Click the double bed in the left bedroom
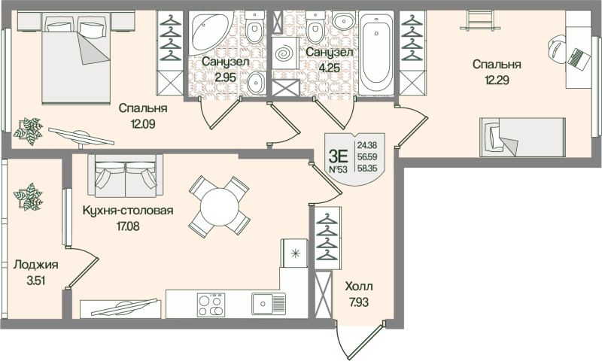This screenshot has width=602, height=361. tap(75, 64)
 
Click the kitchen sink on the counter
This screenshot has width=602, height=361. tap(267, 305)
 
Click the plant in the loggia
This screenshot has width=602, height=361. tap(29, 196)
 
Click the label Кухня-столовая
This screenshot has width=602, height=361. tap(128, 211)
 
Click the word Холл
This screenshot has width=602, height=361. tap(358, 287)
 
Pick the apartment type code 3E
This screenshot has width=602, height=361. tap(338, 156)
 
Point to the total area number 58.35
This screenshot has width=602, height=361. tap(368, 169)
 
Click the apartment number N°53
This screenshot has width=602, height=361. tap(338, 170)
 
